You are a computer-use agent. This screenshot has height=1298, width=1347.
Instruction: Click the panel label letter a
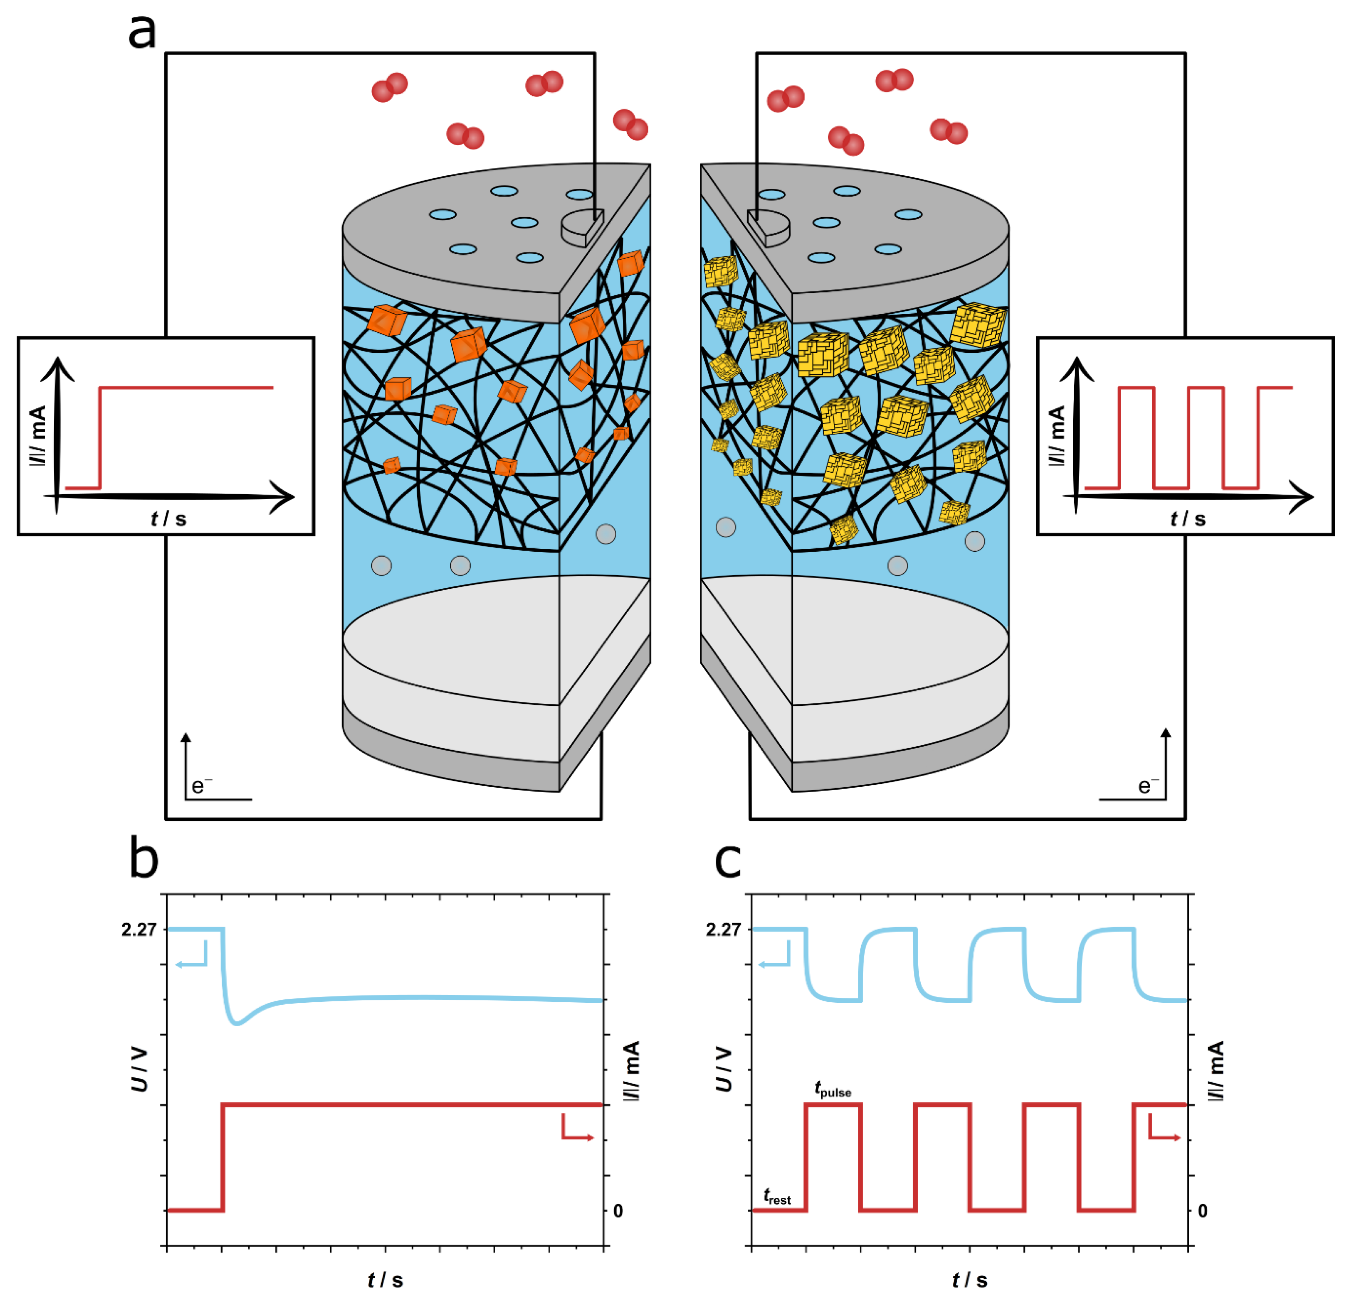click(142, 32)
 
